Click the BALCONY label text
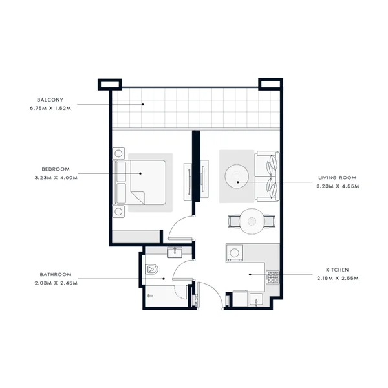(x=50, y=100)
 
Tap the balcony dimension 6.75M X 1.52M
(x=50, y=108)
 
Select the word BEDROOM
(x=56, y=169)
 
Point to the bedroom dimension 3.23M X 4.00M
(x=56, y=178)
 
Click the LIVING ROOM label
(x=338, y=178)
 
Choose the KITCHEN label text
(x=338, y=270)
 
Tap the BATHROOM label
(x=56, y=274)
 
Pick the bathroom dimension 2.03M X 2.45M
(x=56, y=283)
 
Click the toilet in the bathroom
(x=152, y=269)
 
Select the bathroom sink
(x=175, y=252)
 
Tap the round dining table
(x=252, y=221)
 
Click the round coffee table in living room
(x=237, y=176)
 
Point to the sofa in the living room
(x=267, y=176)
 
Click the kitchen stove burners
(x=273, y=277)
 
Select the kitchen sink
(x=256, y=299)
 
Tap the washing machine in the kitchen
(x=234, y=253)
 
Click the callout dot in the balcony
(x=142, y=104)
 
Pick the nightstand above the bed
(x=118, y=154)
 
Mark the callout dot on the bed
(x=140, y=173)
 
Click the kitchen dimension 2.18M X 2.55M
(x=338, y=278)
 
